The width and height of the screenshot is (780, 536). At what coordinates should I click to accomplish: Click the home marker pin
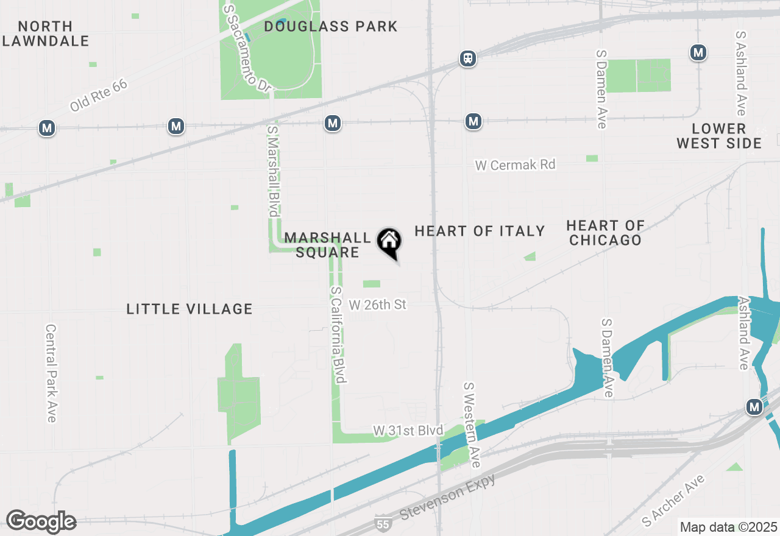(x=389, y=242)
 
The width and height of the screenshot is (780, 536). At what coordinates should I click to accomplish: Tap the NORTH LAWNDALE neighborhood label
(x=45, y=34)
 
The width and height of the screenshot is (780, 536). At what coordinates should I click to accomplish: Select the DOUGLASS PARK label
(x=331, y=26)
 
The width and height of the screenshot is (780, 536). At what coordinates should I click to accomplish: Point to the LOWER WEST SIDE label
(x=719, y=136)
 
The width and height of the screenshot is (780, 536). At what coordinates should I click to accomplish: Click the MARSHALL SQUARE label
(x=327, y=245)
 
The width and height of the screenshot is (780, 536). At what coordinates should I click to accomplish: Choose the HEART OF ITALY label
(x=480, y=231)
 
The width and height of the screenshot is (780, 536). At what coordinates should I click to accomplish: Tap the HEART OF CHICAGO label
(x=605, y=233)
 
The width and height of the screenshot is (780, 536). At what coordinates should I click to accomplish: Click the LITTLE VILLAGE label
(x=190, y=309)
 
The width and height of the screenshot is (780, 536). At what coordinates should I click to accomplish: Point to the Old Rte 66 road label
(x=99, y=94)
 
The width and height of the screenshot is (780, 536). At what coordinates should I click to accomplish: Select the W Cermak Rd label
(x=515, y=164)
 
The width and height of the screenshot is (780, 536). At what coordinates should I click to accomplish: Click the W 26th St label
(x=377, y=304)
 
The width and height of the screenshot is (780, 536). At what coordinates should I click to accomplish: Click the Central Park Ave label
(x=51, y=372)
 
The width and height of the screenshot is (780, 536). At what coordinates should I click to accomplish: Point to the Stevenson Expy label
(x=447, y=496)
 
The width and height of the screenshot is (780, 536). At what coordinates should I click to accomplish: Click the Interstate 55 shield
(x=382, y=523)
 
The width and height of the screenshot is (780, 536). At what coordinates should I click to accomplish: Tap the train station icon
(x=467, y=58)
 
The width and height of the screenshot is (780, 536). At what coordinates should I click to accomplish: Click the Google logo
(x=41, y=521)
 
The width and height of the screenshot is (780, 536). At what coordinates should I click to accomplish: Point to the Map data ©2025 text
(x=728, y=527)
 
